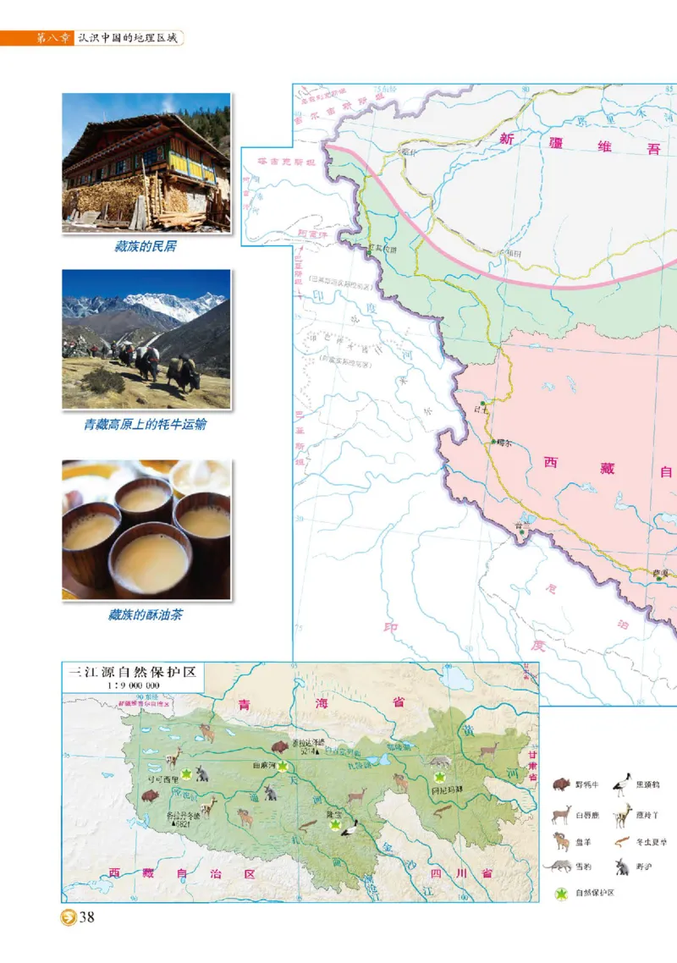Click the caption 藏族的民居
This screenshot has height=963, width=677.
[x=146, y=248]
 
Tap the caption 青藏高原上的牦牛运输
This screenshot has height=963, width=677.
[x=145, y=425]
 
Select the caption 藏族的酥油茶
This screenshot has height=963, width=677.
[x=145, y=615]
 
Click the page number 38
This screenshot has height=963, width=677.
[x=86, y=920]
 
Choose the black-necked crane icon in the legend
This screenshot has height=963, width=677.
[x=623, y=781]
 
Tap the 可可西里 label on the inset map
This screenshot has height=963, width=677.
[x=162, y=779]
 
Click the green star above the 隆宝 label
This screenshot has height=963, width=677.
[x=335, y=824]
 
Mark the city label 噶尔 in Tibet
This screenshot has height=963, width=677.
[x=506, y=442]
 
